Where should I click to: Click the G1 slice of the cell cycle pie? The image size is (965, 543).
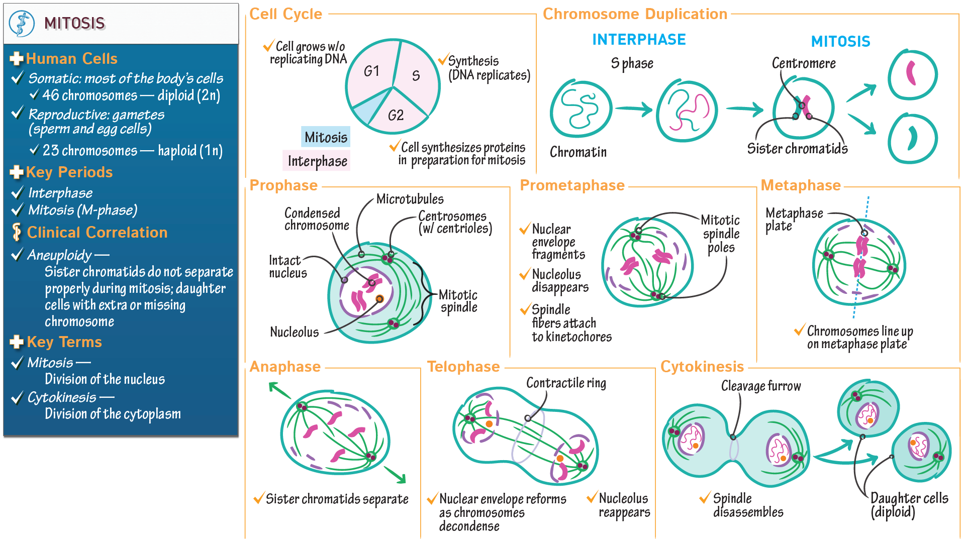point(371,71)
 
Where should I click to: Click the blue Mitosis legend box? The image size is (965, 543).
point(326,137)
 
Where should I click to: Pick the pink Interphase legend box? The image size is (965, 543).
point(317,161)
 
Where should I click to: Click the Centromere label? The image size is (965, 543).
point(803,63)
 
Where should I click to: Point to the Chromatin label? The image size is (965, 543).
point(578,152)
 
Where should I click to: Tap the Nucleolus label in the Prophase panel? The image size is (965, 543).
point(294,332)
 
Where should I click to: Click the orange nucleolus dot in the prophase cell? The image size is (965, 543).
point(380,299)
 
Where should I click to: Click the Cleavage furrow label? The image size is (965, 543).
point(760,386)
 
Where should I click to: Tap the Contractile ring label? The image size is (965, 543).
point(566,383)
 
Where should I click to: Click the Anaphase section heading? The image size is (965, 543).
point(285,367)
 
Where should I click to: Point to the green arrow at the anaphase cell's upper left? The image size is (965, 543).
point(279,390)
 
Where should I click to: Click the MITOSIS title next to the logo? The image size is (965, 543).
point(74,23)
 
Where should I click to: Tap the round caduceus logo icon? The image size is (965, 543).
point(22,24)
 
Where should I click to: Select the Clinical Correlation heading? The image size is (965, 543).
point(97,233)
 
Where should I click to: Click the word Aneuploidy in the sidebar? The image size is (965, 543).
point(59,255)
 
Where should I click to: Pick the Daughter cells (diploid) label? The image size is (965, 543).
point(909,505)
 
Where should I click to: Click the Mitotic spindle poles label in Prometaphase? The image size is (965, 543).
point(720,234)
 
